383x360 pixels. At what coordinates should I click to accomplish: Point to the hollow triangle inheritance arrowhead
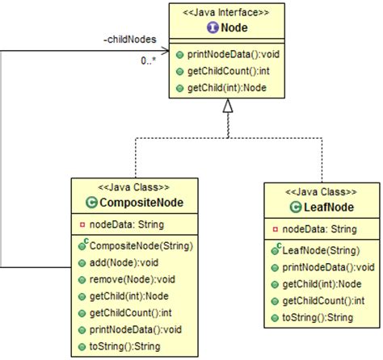[x=229, y=106]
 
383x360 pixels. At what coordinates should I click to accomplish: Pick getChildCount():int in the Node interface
[x=228, y=71]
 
